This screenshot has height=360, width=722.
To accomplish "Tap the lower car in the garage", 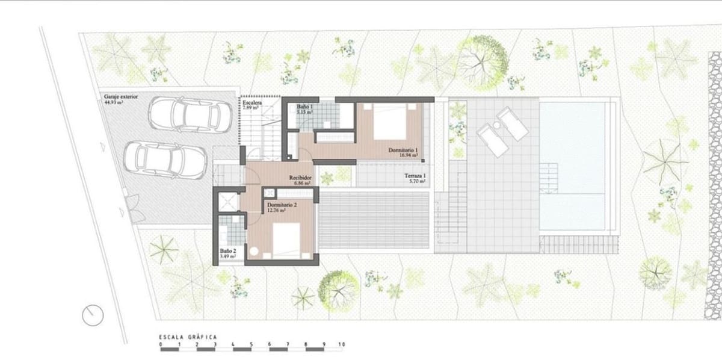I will [164, 159].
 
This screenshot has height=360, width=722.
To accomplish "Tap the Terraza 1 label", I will [415, 176].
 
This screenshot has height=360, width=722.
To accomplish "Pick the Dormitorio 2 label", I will [282, 205].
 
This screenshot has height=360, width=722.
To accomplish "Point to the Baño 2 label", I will [227, 251].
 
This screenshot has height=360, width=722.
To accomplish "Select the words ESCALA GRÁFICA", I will [187, 337].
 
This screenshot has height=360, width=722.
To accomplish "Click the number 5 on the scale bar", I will [251, 346].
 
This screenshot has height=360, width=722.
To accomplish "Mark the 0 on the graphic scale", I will [161, 346].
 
